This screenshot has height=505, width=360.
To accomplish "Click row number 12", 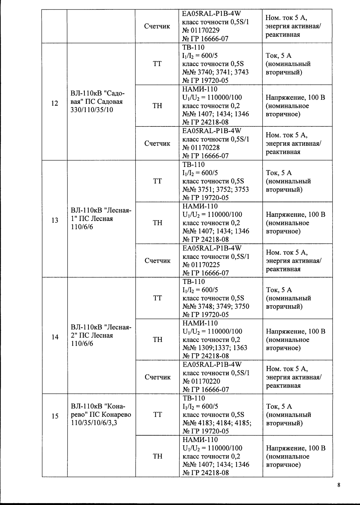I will click(55, 103).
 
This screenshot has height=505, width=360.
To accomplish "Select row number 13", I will click(55, 220).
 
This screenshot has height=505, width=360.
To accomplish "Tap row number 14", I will click(55, 337).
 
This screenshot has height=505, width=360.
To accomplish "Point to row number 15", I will click(55, 416).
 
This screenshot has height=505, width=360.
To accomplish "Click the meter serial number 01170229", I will click(206, 30).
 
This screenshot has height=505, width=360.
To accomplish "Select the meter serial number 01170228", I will click(206, 148).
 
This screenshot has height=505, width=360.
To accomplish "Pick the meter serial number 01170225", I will click(206, 265).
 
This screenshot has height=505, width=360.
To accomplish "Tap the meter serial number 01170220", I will click(206, 381).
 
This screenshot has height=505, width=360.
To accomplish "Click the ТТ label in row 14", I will click(157, 298).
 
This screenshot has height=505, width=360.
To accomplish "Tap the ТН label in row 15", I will click(157, 456).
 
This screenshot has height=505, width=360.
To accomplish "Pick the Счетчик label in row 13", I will click(157, 261).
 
